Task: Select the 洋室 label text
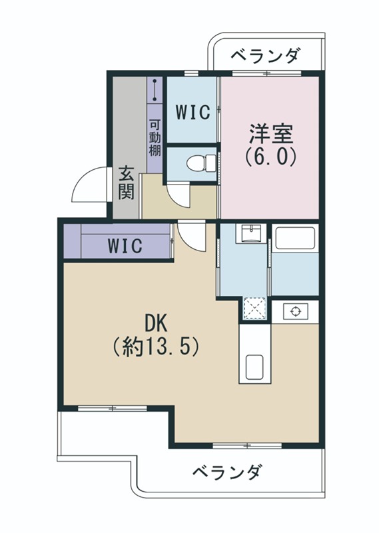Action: click(270, 133)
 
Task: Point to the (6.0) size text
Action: click(270, 157)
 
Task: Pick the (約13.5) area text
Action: click(156, 346)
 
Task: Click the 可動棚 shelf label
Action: click(155, 137)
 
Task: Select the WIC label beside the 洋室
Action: click(192, 112)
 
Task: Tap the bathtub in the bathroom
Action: click(294, 238)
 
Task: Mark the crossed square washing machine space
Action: click(254, 307)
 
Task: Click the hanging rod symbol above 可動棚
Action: click(155, 89)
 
